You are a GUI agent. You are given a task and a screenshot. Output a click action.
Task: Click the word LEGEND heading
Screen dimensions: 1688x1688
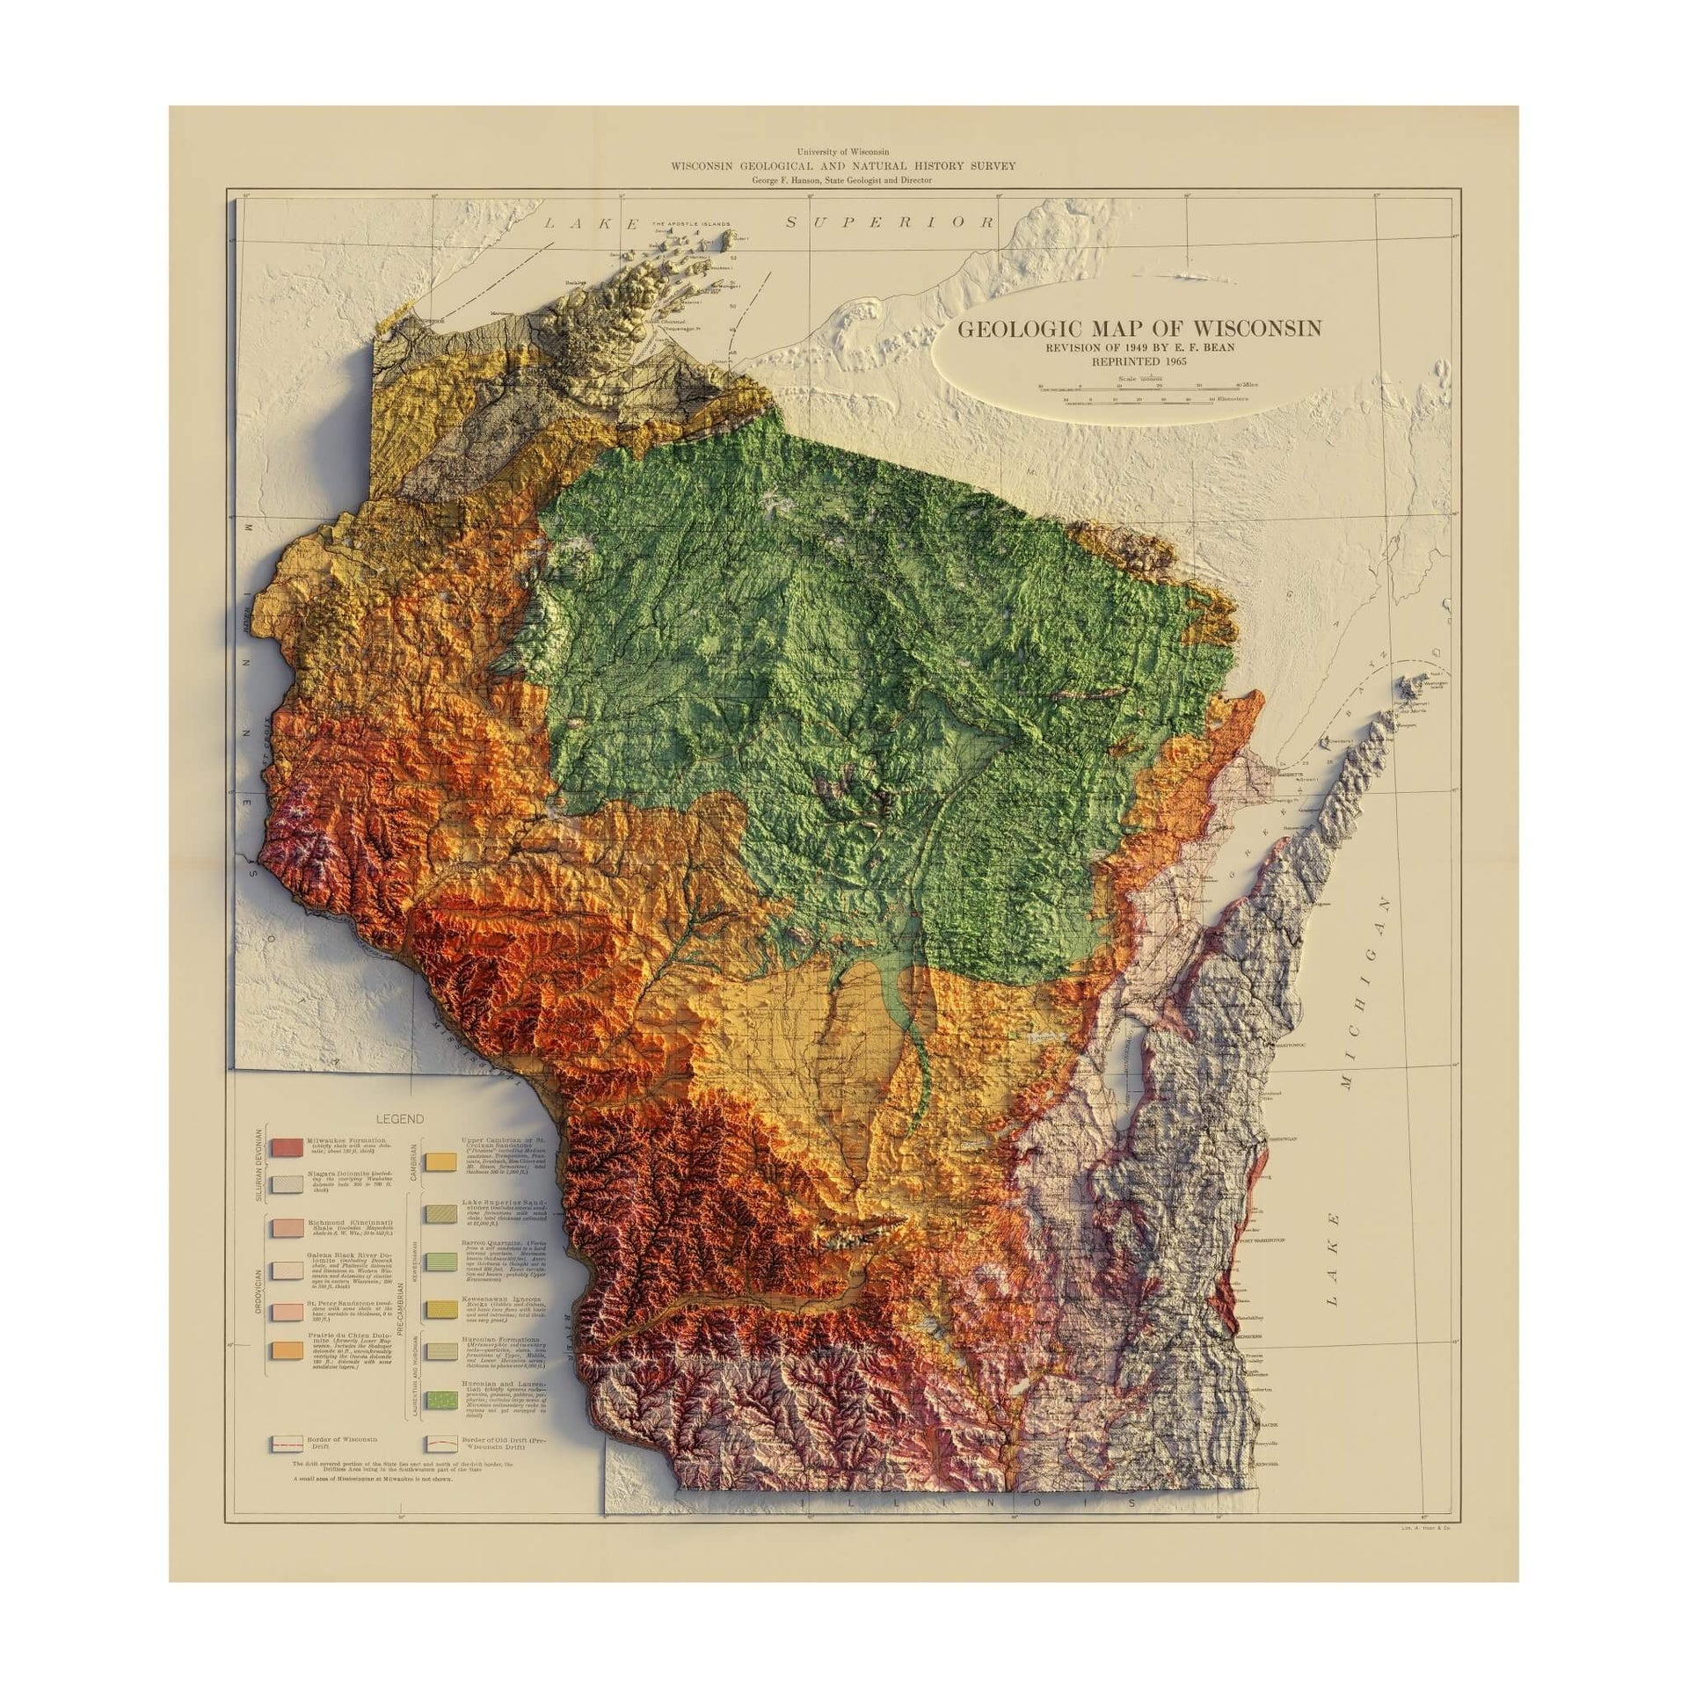coord(399,1119)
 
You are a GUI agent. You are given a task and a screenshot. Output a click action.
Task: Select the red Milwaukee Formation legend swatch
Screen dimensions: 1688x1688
coord(287,1147)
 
